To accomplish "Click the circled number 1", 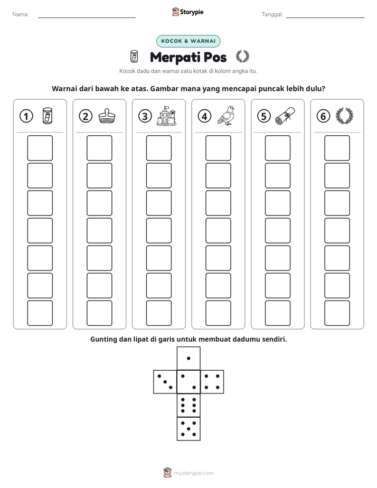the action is [x=26, y=116].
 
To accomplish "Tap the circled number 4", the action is [x=204, y=116].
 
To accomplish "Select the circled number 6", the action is [x=323, y=116].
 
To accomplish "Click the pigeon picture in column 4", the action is [x=226, y=116].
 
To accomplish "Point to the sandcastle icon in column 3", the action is [x=167, y=116].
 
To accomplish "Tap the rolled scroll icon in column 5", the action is [x=285, y=116].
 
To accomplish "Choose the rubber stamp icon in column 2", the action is [x=107, y=116].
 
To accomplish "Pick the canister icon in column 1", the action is [x=48, y=116].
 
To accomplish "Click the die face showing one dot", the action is [x=188, y=358].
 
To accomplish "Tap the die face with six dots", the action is [x=188, y=405].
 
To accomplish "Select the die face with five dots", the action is [x=188, y=428].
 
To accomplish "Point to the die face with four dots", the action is [x=212, y=382].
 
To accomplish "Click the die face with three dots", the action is [x=165, y=382].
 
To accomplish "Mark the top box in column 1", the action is [x=40, y=148].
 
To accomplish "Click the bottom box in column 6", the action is [x=337, y=313].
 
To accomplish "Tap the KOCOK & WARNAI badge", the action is [x=188, y=41].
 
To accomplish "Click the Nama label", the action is [x=21, y=14].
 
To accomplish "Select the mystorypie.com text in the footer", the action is [x=193, y=473].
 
